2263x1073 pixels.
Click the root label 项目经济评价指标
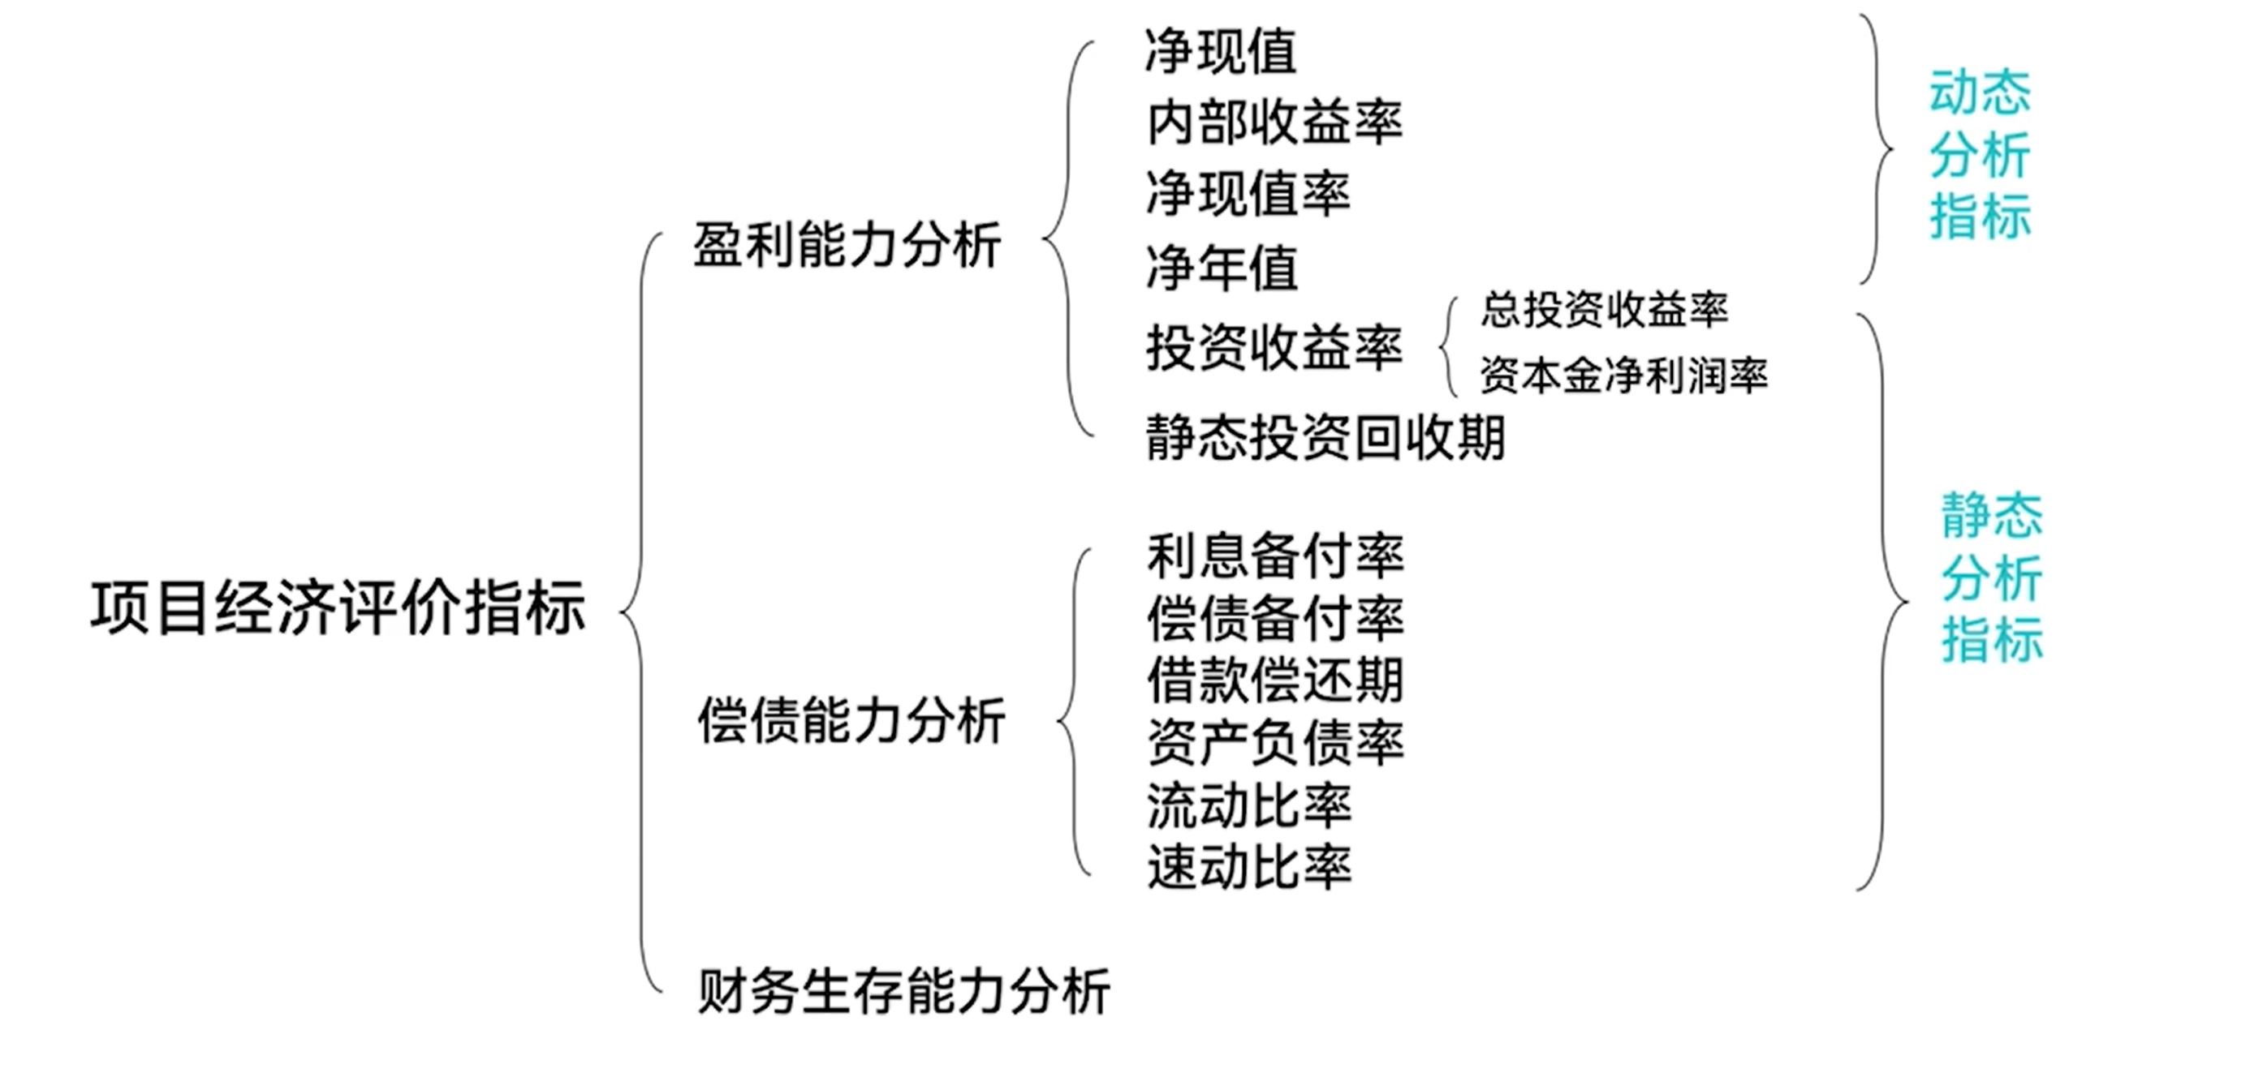coord(338,607)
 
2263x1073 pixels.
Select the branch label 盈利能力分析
coord(847,245)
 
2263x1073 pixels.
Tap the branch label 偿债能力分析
coord(851,722)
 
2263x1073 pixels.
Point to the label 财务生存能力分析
coord(904,992)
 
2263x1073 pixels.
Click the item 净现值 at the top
coord(1221,52)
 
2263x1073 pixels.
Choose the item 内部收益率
coord(1274,123)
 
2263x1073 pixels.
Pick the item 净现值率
coord(1248,194)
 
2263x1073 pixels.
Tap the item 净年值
coord(1222,268)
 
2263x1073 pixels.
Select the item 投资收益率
coord(1274,348)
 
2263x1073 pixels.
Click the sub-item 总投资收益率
coord(1604,310)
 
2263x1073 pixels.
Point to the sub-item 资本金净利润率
coord(1623,376)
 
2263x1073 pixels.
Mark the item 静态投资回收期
coord(1325,438)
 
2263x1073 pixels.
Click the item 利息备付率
coord(1275,556)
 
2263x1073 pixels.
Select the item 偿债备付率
coord(1275,618)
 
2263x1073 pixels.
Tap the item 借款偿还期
coord(1275,680)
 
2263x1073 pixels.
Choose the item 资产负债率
coord(1275,743)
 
